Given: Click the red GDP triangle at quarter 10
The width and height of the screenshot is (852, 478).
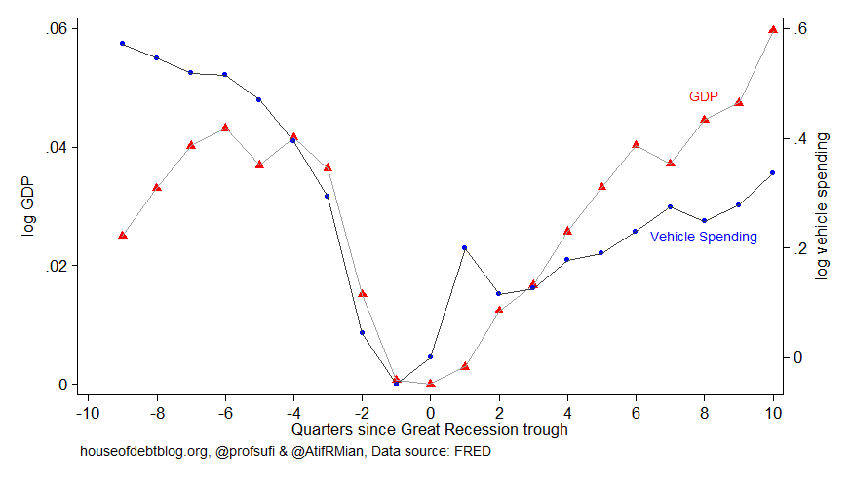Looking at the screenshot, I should coord(773,29).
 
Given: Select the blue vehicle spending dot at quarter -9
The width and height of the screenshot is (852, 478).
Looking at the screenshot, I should coord(123,44).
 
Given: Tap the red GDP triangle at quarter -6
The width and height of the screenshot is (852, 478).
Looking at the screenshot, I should coord(225,128).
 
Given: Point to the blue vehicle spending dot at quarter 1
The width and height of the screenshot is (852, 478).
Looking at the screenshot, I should coord(465,248).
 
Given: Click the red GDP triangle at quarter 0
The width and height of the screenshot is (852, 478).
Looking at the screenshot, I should coord(430,383).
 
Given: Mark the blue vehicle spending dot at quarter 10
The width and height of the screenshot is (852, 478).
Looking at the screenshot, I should coord(773,172).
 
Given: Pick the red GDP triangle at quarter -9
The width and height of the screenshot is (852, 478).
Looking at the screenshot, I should coord(123,235).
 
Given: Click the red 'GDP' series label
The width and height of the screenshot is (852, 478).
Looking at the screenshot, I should coord(703,97).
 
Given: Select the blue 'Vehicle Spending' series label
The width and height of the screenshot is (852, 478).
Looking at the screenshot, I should coord(703,237).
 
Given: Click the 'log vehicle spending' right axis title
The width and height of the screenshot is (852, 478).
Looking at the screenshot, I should coord(824,206).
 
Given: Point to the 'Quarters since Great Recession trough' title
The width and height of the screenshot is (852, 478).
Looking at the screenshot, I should coord(430,429).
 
